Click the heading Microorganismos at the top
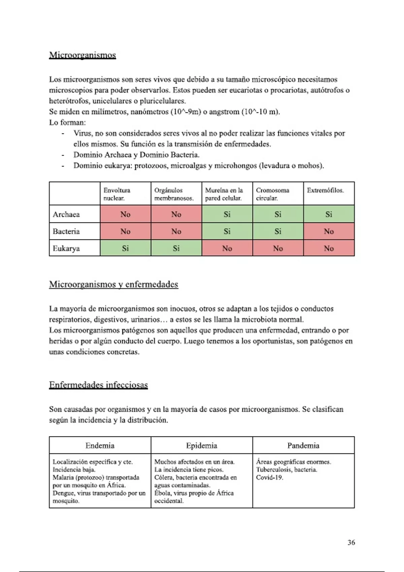(x=82, y=55)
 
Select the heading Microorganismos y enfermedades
(x=113, y=284)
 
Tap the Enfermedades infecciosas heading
(x=98, y=385)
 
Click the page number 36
(x=351, y=542)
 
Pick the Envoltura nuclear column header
(x=117, y=194)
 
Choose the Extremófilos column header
(x=325, y=190)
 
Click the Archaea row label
(x=66, y=214)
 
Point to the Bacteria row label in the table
(x=66, y=231)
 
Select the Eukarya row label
(x=66, y=248)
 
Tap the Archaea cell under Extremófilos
(x=329, y=214)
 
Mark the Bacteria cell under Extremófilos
(x=329, y=231)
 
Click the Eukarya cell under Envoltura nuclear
(x=125, y=248)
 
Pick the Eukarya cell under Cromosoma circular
(x=278, y=248)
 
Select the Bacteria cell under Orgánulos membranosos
(x=176, y=231)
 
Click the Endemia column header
(x=100, y=445)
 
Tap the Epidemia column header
(x=202, y=445)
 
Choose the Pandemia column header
(x=303, y=445)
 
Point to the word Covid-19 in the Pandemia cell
(x=269, y=477)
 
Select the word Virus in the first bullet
(x=82, y=133)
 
